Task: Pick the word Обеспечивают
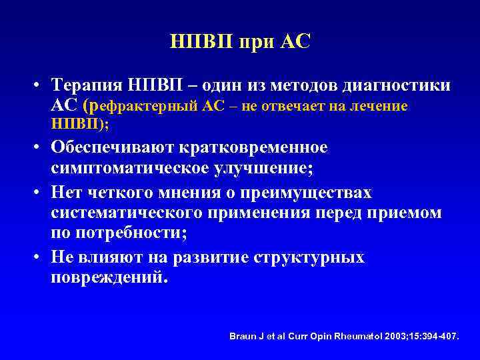tap(110, 147)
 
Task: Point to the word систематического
tap(127, 213)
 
